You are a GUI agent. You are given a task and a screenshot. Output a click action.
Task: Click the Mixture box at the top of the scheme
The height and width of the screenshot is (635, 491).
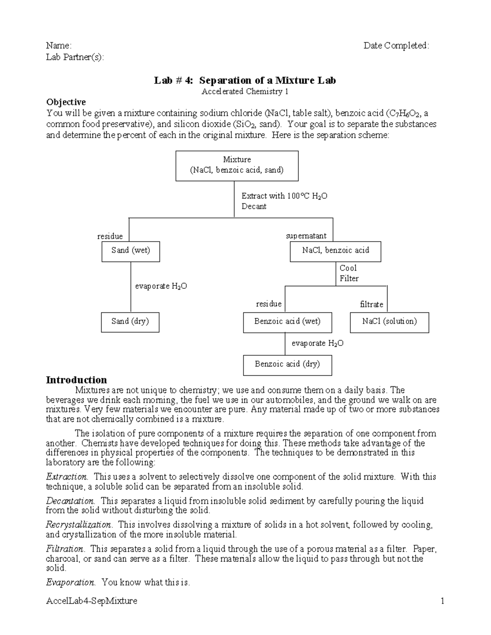point(237,166)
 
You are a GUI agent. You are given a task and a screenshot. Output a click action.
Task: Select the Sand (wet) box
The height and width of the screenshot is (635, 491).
point(131,251)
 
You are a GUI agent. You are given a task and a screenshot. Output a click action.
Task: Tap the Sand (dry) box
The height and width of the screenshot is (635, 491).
point(130,322)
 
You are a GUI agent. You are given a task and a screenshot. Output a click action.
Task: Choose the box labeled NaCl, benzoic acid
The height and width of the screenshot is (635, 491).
point(336,251)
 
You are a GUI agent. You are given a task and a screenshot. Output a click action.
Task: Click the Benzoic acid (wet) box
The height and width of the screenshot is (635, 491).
point(287,322)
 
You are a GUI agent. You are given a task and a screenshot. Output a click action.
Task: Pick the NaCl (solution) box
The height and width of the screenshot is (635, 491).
point(390,322)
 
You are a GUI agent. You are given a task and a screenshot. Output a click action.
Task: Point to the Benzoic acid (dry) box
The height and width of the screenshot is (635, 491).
point(287,365)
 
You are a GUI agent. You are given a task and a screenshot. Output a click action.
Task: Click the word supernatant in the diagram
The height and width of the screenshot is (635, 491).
point(306,236)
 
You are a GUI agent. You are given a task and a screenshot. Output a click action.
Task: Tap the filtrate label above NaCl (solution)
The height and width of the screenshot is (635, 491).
point(372,305)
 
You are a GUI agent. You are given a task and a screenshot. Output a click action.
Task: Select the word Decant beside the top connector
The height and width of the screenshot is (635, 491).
point(254,206)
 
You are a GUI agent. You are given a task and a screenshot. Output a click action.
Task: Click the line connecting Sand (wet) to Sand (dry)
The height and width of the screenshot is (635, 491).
point(131,287)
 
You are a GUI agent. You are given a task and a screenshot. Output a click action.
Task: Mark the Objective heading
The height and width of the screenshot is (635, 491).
point(66,102)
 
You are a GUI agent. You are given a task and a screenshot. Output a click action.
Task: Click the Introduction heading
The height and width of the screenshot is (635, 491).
point(77,380)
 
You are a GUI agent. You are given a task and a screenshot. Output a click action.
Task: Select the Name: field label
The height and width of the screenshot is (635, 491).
point(59,45)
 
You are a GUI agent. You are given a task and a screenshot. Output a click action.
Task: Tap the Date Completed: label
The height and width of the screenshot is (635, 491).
point(396,45)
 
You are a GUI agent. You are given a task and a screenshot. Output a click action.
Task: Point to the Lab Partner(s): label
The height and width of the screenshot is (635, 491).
point(75,57)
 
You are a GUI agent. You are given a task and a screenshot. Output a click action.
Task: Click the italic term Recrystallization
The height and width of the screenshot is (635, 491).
point(79,525)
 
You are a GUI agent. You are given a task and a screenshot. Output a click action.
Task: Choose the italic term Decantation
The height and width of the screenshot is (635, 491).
point(70,501)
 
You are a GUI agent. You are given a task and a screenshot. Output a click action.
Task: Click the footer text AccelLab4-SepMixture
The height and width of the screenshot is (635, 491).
point(92,601)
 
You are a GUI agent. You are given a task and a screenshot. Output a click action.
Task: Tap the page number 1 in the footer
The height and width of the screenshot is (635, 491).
point(442,601)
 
